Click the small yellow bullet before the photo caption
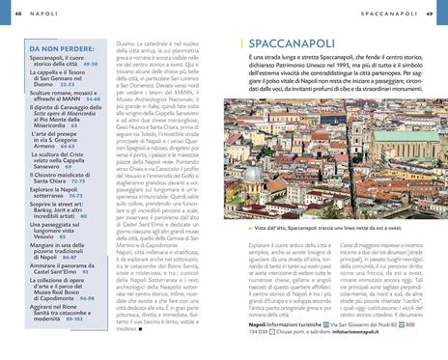(x=248, y=229)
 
